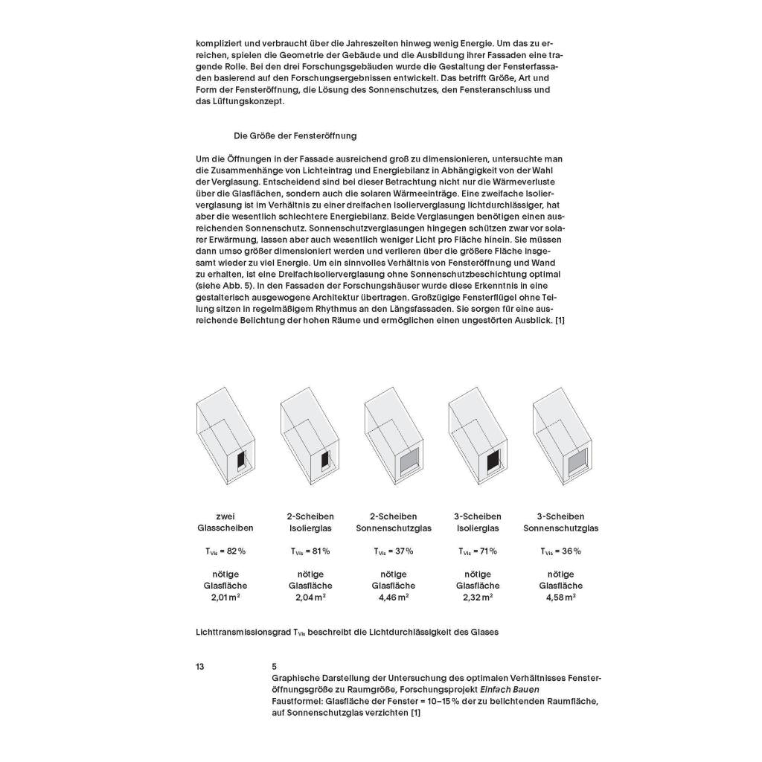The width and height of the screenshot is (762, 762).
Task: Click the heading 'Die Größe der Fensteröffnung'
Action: (x=295, y=135)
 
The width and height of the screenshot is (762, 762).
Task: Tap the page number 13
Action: (x=200, y=667)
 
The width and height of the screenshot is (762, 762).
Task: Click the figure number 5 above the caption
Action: (x=275, y=667)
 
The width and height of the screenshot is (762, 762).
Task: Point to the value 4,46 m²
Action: (x=394, y=597)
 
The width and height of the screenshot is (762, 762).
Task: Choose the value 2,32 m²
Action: (x=478, y=597)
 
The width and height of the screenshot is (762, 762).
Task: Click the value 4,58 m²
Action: (x=561, y=597)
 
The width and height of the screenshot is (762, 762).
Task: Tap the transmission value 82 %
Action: (x=234, y=551)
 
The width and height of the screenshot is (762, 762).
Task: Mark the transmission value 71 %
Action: (x=487, y=551)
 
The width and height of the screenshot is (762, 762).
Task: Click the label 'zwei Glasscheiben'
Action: (x=225, y=522)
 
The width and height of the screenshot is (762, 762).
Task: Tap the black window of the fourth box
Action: (x=493, y=462)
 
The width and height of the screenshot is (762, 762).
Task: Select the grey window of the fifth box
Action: (x=577, y=463)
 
